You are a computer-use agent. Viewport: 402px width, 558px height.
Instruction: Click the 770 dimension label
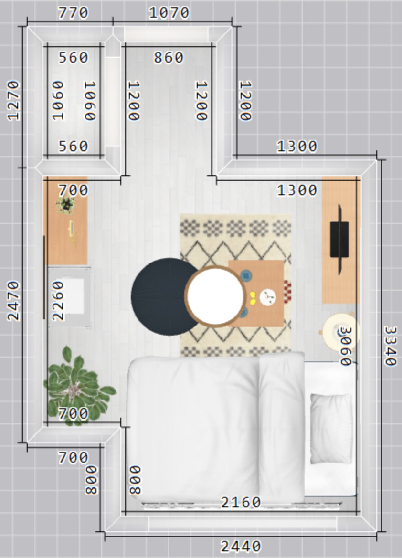coord(74,13)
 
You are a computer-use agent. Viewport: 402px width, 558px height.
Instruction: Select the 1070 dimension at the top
coord(169,13)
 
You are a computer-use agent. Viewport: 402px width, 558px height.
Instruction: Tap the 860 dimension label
coord(169,57)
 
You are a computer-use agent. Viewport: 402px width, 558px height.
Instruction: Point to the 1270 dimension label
coord(13,101)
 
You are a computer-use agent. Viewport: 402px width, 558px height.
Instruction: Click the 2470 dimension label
coord(13,301)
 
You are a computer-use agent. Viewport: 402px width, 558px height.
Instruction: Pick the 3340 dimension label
coord(390,346)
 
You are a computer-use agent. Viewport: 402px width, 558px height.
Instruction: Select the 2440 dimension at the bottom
coord(241,546)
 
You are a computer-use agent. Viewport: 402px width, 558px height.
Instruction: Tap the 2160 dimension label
coord(241,502)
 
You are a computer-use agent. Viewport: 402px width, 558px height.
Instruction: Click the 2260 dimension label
coord(58,301)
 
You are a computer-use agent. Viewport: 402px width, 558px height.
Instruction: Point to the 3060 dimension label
coord(346,346)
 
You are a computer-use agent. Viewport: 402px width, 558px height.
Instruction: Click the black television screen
coord(339,239)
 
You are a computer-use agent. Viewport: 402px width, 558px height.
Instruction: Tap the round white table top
coord(215,296)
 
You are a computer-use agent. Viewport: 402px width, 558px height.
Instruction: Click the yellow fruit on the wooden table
coord(253,298)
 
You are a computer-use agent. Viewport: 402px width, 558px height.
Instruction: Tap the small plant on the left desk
coord(66,205)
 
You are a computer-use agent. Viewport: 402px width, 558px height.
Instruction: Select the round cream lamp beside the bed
coord(339,331)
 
